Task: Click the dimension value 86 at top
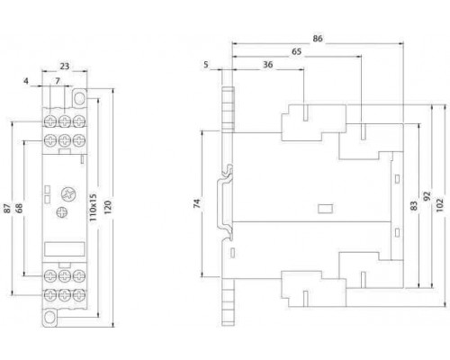click(318, 39)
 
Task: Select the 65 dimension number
click(296, 51)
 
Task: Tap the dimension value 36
click(268, 65)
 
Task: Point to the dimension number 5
click(206, 65)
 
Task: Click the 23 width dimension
click(65, 66)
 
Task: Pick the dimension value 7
click(58, 81)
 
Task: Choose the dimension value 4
click(26, 81)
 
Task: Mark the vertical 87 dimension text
click(7, 208)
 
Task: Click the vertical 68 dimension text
click(19, 208)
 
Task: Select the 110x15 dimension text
click(93, 207)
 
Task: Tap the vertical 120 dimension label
click(107, 207)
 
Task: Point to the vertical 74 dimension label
click(196, 203)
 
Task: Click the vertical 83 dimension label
click(414, 206)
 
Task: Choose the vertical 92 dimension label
click(427, 196)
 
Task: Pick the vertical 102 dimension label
click(439, 205)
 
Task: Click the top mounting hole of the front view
click(79, 98)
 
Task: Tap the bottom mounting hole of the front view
click(49, 318)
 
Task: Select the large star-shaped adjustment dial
click(68, 193)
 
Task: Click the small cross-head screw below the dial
click(62, 212)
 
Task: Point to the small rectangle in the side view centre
click(325, 209)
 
